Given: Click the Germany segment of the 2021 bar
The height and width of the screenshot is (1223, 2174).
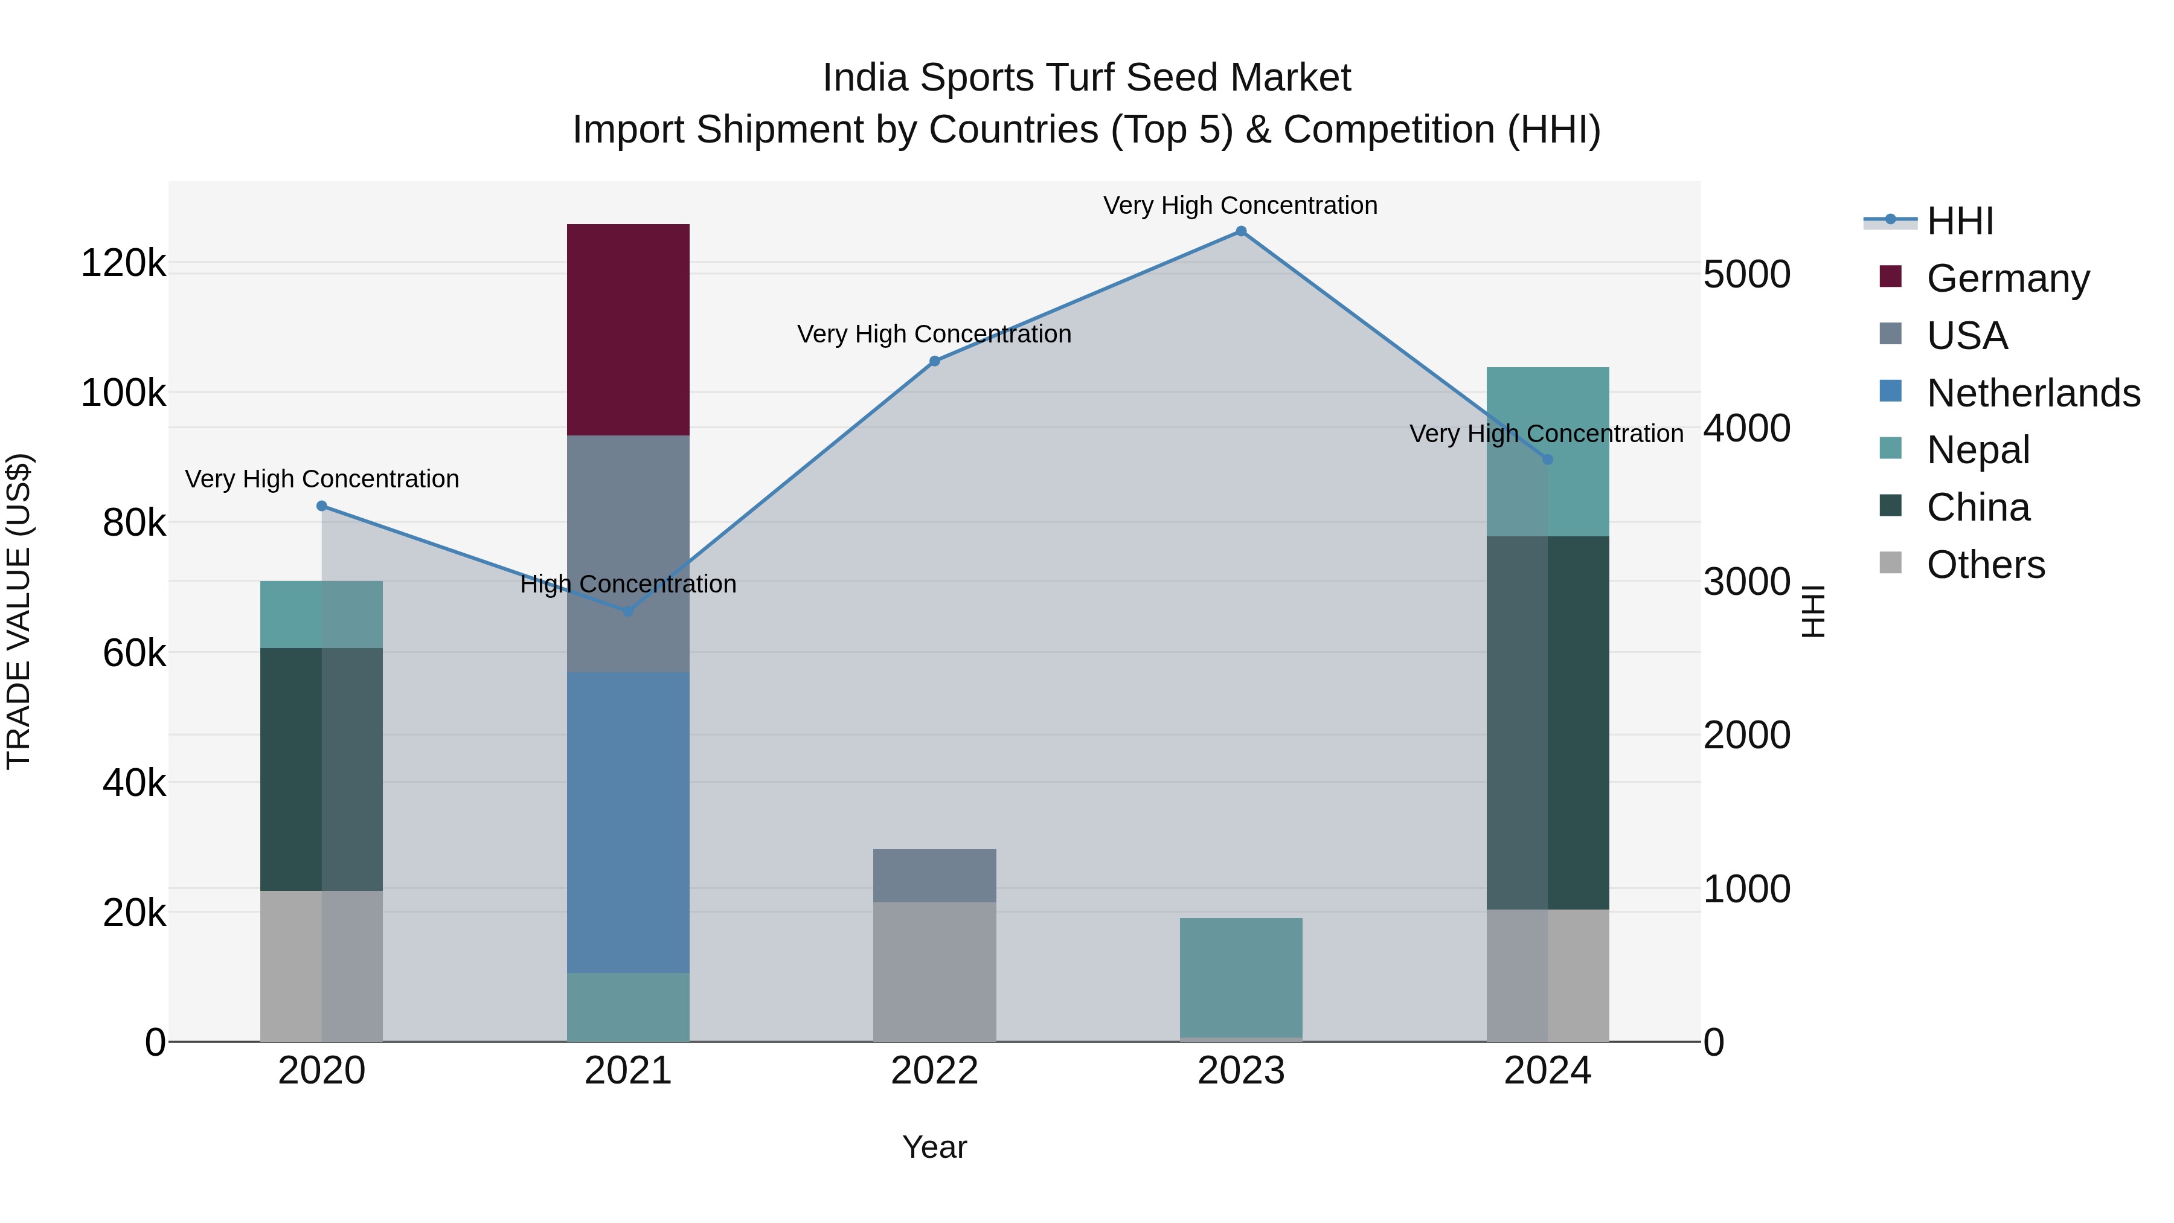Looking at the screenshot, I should [x=628, y=329].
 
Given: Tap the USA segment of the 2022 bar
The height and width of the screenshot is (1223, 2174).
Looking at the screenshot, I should [x=934, y=875].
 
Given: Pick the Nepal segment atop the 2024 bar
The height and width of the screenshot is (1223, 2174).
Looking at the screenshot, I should [x=1547, y=452].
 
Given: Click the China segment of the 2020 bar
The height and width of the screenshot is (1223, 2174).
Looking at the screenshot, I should [x=321, y=769].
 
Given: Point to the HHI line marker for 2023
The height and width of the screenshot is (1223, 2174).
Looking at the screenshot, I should [x=1240, y=231].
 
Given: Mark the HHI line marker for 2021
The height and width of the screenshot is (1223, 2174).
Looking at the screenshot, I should [x=628, y=610].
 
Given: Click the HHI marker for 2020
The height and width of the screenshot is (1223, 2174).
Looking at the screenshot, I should [x=321, y=506].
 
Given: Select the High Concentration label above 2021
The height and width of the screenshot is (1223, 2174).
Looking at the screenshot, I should [x=628, y=584].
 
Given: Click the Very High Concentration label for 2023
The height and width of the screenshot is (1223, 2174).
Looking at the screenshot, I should [x=1240, y=205].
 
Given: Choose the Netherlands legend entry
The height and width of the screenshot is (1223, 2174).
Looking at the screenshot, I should [x=2033, y=393].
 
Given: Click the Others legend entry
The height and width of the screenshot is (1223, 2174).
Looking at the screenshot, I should [x=1985, y=565].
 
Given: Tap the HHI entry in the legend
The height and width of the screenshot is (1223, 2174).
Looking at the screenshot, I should [x=1960, y=221].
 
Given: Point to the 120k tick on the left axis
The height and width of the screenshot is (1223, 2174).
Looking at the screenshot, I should [x=123, y=263].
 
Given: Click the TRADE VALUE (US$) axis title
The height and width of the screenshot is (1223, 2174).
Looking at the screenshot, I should [x=19, y=611].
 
